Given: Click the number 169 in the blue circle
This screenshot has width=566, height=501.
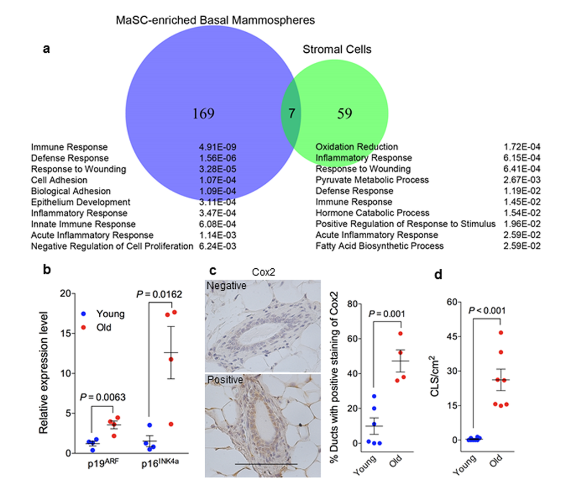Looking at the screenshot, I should point(203,114).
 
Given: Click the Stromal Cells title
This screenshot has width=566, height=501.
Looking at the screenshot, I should point(337,49).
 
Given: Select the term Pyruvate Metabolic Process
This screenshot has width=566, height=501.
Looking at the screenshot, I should point(372,180).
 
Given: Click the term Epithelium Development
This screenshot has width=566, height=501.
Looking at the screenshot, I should point(80,202).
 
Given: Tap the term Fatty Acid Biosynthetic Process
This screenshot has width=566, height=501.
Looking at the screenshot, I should point(380,246).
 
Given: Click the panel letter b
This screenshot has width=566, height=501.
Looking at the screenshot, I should point(47,270).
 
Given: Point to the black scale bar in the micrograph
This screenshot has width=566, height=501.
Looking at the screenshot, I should point(266,464).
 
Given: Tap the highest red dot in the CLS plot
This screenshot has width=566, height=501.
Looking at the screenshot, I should point(501,333).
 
